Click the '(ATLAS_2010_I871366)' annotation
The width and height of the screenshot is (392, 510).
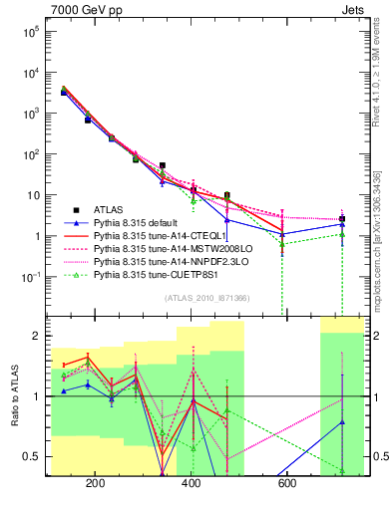(206, 298)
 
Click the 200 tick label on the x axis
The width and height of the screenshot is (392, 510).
(96, 483)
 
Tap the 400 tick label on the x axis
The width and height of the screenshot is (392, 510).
(191, 483)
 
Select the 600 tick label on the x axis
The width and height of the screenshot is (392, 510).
(285, 483)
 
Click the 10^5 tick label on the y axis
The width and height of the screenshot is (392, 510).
(32, 31)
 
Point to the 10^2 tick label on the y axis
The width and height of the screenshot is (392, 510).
(32, 154)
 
